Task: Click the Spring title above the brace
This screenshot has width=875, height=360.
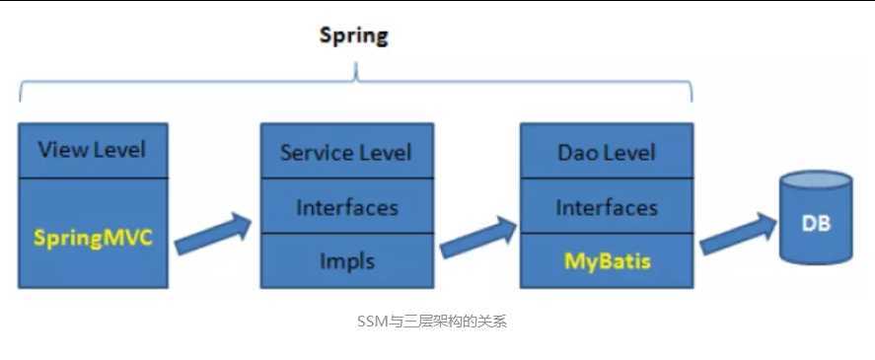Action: pos(354,36)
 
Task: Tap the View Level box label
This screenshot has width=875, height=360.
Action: pos(92,150)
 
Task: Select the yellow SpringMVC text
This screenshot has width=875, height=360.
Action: pos(93,238)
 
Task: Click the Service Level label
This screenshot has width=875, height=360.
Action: pos(346,153)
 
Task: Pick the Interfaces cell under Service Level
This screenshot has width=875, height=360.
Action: pos(346,207)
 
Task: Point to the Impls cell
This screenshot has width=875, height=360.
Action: pos(346,261)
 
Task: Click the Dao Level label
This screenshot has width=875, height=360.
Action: pos(607,153)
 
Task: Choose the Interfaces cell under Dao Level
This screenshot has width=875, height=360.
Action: pos(607,207)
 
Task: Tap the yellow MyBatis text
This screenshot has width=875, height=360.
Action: pos(607,261)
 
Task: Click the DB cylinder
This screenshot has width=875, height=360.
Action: pos(816,223)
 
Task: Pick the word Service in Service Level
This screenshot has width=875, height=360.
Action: pos(315,153)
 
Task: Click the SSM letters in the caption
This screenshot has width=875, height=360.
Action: pos(374,322)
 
